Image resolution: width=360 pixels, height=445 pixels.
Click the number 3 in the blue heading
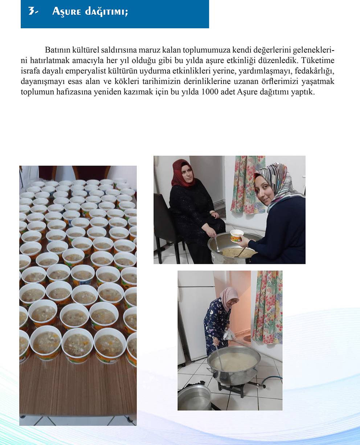coord(32,11)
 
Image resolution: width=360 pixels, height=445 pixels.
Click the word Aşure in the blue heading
coord(66,12)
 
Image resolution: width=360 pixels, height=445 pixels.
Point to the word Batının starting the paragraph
coord(57,50)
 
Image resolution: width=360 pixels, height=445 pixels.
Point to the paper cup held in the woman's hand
coord(237,236)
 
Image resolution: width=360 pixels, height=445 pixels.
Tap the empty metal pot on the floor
coord(194,397)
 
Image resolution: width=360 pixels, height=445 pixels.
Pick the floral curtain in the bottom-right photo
coord(267,307)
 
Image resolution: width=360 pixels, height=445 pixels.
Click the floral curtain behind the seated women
coord(247,184)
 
